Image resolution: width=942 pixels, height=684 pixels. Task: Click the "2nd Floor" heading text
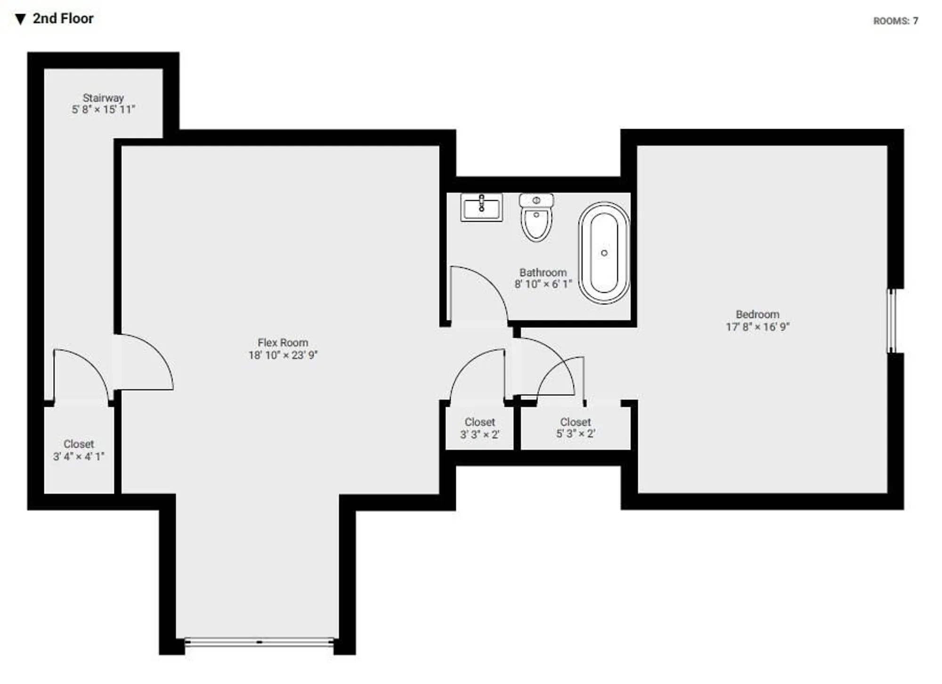[63, 19]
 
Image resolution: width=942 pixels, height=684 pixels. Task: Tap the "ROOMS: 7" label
[895, 21]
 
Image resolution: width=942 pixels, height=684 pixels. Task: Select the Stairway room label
[103, 98]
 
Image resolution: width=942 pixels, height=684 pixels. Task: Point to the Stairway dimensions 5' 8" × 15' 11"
[103, 110]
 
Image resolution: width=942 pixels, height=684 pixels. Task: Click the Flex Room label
[283, 343]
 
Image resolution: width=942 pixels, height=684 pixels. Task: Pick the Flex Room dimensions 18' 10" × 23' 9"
[283, 355]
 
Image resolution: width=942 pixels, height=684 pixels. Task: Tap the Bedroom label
[757, 314]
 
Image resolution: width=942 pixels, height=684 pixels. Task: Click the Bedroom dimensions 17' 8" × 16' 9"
[757, 326]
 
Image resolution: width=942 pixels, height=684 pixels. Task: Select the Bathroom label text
[543, 272]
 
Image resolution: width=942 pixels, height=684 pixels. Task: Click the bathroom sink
[481, 207]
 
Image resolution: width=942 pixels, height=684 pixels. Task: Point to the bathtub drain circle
[604, 253]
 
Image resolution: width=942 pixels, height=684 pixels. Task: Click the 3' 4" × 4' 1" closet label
[79, 450]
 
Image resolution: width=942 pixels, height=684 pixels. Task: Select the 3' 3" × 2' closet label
[479, 428]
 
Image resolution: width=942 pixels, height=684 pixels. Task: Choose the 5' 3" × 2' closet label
[575, 428]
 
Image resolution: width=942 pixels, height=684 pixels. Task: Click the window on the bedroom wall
[891, 321]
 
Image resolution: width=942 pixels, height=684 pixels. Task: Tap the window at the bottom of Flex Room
[259, 642]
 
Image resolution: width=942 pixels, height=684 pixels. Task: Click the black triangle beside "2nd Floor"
[20, 19]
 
